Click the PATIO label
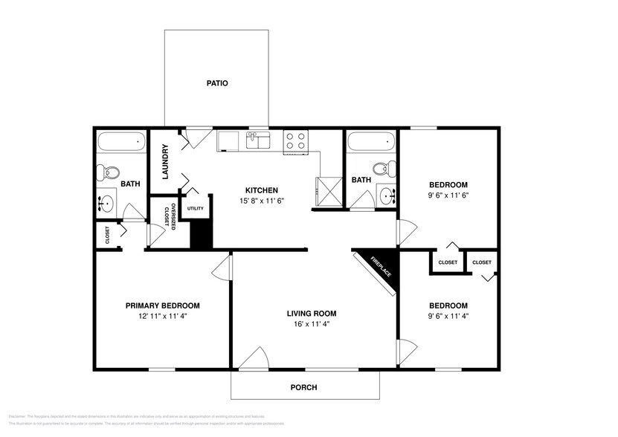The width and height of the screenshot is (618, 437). (x=216, y=83)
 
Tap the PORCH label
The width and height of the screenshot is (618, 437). (x=303, y=387)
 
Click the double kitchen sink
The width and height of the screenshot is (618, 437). (x=258, y=140)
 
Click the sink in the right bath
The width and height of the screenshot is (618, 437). (x=386, y=195)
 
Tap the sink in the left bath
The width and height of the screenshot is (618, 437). (x=107, y=201)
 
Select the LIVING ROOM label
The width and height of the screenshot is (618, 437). (x=312, y=313)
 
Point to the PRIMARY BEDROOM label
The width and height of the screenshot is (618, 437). (x=162, y=305)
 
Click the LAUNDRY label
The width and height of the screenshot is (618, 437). (x=165, y=161)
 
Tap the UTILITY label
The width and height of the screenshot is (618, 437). (x=196, y=208)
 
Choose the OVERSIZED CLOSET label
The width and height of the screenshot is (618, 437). (x=169, y=216)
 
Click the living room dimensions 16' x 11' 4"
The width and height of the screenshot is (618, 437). (x=312, y=324)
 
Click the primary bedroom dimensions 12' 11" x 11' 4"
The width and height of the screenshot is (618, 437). (x=162, y=316)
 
